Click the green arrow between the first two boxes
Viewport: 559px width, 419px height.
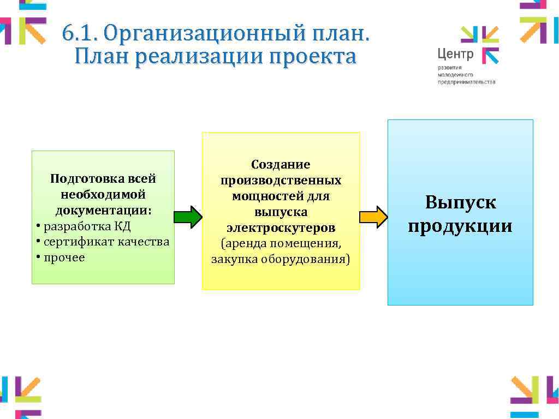[188, 217]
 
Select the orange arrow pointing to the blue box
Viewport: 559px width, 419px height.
[373, 217]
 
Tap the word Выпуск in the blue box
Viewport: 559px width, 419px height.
[460, 203]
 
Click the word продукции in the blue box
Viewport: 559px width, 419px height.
[460, 226]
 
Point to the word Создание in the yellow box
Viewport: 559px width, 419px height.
[281, 164]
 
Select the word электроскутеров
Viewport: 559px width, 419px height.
[281, 227]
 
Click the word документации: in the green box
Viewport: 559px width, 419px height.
[103, 211]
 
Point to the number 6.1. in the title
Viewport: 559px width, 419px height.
[79, 34]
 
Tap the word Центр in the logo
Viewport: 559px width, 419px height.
[455, 54]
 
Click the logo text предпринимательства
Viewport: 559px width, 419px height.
[466, 82]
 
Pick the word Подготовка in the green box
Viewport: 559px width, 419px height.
[81, 179]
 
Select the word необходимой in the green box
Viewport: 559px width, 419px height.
[103, 195]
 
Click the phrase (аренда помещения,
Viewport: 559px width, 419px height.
[281, 243]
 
